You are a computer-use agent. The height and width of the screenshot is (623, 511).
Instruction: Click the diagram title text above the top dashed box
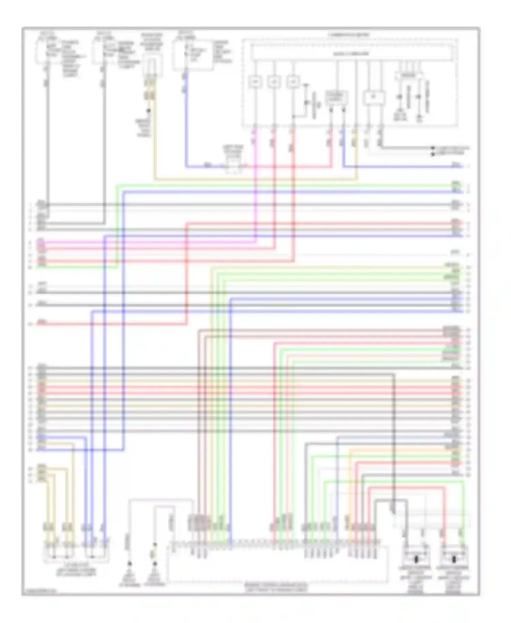pos(349,35)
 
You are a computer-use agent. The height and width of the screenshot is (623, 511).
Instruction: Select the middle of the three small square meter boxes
pos(274,82)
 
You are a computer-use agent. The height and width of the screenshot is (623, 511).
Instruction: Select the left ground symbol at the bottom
pos(129,564)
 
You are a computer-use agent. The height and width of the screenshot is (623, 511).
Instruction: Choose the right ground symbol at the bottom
pos(155,564)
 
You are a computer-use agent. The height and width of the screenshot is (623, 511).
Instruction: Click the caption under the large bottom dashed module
pos(276,587)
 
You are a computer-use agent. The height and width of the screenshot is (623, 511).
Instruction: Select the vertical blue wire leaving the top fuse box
pos(186,119)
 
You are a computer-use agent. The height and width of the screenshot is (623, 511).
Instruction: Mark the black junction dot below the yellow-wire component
pos(149,111)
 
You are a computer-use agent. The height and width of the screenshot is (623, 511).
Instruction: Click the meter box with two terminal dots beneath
pos(337,98)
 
